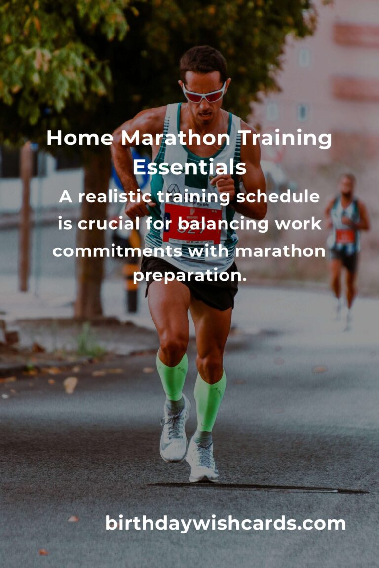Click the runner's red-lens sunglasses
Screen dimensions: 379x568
[x=203, y=94]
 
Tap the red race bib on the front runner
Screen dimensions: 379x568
[x=192, y=223]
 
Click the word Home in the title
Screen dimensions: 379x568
[x=80, y=138]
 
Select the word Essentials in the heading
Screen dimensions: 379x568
[x=189, y=167]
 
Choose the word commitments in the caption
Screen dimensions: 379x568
[x=117, y=251]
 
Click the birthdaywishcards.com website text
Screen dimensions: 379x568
[x=225, y=523]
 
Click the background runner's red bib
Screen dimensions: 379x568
[x=344, y=236]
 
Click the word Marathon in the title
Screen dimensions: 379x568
[x=176, y=138]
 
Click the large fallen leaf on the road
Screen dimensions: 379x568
[x=71, y=385]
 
